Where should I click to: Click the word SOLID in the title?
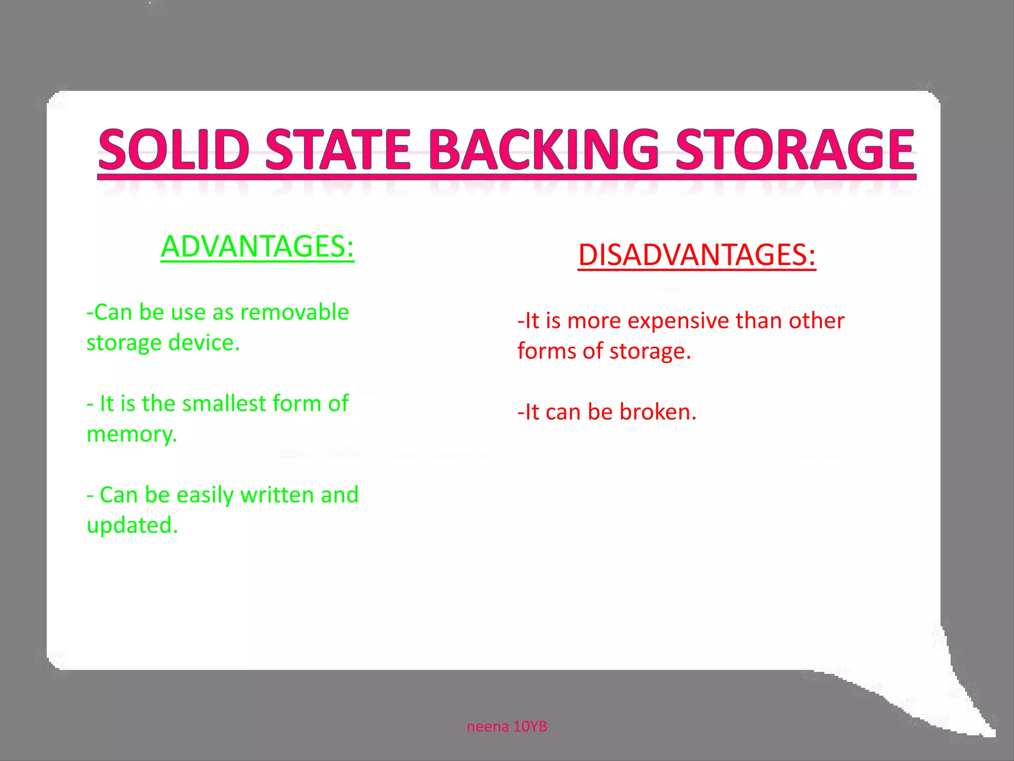(x=173, y=149)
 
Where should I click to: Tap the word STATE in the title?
(x=338, y=149)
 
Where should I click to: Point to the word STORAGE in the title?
(x=795, y=149)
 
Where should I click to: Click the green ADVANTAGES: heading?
(x=257, y=246)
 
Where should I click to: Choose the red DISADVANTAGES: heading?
(x=697, y=255)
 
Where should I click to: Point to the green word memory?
(x=132, y=435)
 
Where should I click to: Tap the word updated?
(x=132, y=526)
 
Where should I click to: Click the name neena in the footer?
(x=488, y=726)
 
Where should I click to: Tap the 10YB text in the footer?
(x=530, y=726)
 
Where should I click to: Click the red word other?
(x=816, y=321)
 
